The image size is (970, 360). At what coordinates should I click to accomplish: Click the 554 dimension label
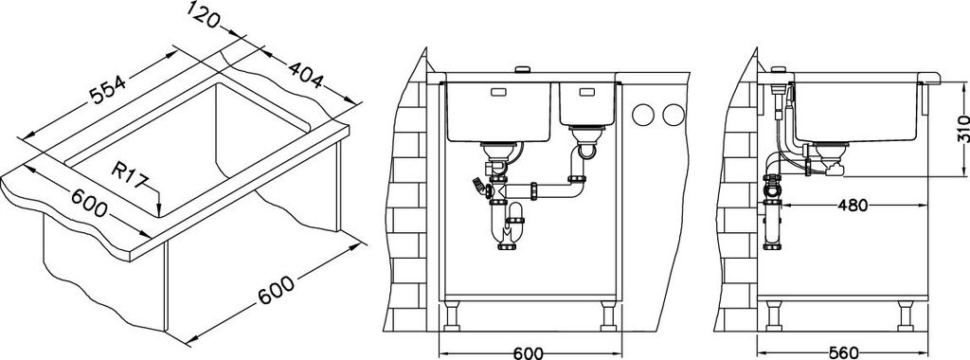pyautogui.click(x=108, y=89)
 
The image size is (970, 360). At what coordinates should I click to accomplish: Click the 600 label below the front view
pyautogui.click(x=528, y=352)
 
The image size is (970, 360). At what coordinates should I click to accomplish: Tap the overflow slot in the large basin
pyautogui.click(x=499, y=93)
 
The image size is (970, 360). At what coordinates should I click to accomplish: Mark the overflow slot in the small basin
pyautogui.click(x=585, y=93)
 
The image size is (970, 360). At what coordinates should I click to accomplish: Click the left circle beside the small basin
pyautogui.click(x=644, y=114)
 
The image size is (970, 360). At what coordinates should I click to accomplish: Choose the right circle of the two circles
pyautogui.click(x=673, y=114)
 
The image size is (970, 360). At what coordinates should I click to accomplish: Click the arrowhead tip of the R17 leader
pyautogui.click(x=159, y=215)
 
